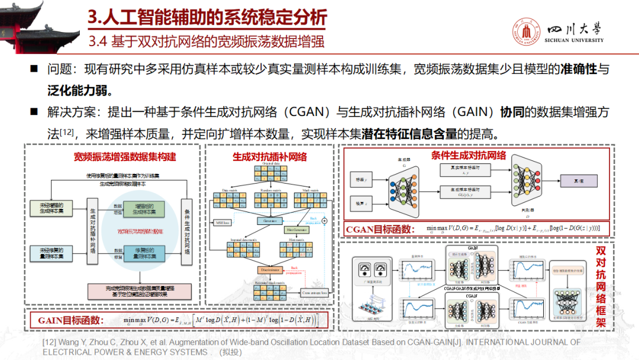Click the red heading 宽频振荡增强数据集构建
pyautogui.click(x=125, y=157)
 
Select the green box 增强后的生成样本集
pyautogui.click(x=144, y=208)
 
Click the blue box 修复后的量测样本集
pyautogui.click(x=144, y=254)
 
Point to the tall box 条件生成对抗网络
pyautogui.click(x=188, y=231)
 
